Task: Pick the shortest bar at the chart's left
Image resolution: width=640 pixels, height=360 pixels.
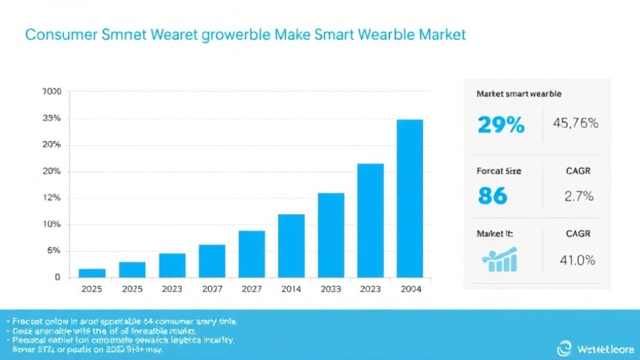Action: (x=92, y=272)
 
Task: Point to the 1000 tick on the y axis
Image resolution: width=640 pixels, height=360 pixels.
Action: (x=52, y=92)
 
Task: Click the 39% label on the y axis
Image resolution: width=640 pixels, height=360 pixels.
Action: (x=52, y=118)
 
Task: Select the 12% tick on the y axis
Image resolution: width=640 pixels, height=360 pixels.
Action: (x=52, y=198)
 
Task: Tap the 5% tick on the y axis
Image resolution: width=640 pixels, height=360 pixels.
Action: (x=53, y=250)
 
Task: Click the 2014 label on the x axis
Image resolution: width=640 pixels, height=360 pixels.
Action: (x=291, y=290)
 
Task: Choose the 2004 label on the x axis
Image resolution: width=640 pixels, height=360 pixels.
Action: (x=410, y=290)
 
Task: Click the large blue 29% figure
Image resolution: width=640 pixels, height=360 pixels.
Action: (x=501, y=125)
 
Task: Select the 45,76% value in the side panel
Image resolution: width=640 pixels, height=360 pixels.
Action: (x=575, y=123)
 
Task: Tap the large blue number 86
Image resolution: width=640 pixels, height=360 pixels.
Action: (x=492, y=196)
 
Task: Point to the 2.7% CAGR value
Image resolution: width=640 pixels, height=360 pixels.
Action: (x=579, y=196)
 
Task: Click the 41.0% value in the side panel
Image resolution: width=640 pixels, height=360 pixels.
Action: (x=577, y=260)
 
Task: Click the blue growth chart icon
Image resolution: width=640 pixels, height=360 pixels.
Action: (x=499, y=260)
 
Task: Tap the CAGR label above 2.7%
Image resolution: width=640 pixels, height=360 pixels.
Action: (x=578, y=171)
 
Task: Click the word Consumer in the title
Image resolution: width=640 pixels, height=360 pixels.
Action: (x=59, y=35)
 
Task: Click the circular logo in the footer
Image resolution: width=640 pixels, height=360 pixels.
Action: (x=564, y=348)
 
